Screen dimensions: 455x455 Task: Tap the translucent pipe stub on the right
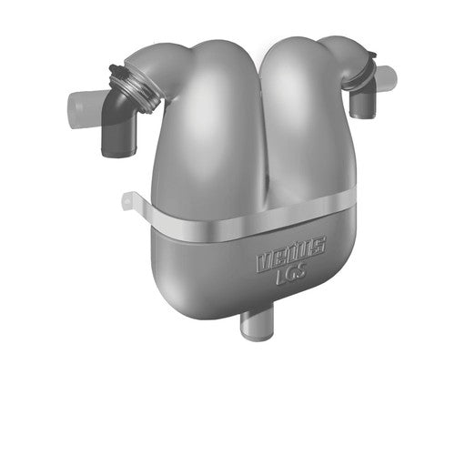pyautogui.click(x=386, y=77)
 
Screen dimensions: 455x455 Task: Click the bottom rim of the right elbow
pyautogui.click(x=362, y=116)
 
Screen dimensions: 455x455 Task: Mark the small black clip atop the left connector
pyautogui.click(x=115, y=69)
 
